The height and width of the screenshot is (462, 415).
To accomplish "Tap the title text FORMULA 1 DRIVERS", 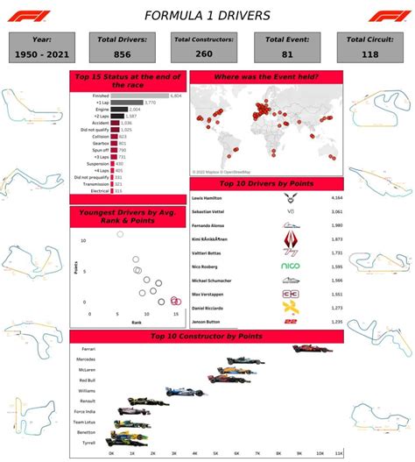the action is click(207, 15).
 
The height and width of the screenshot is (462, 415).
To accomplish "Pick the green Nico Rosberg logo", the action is click(290, 265).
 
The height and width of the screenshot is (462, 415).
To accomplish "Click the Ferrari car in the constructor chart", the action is click(313, 349).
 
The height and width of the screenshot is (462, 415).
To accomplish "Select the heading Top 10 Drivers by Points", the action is click(266, 185).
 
